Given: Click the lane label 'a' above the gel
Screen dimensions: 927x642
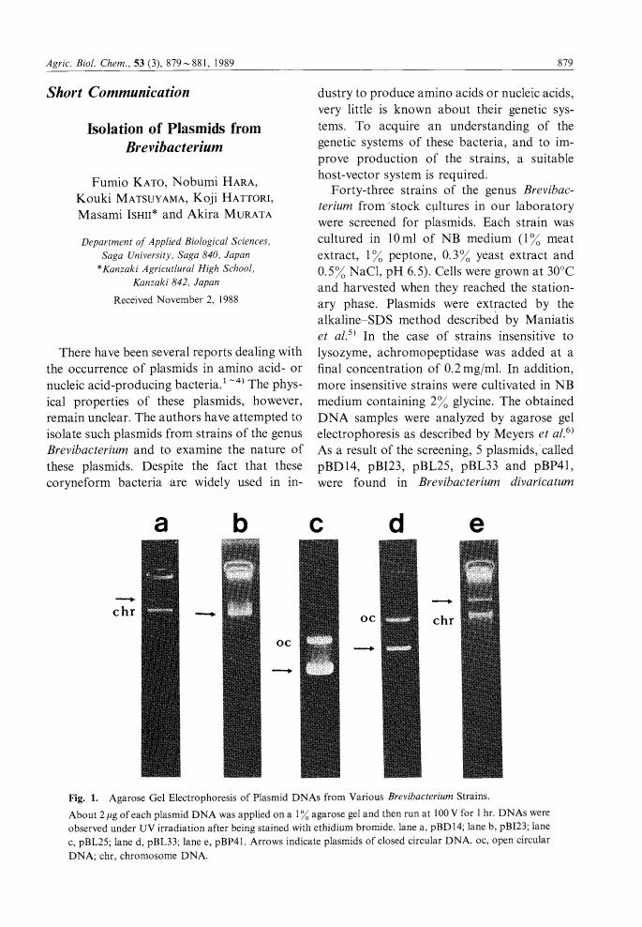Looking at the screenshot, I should tap(161, 526).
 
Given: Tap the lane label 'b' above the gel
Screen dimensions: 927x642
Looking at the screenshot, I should tap(241, 526).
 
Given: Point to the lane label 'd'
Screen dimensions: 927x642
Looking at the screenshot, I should tap(396, 526).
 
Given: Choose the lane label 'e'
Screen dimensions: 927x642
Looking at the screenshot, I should tap(476, 526).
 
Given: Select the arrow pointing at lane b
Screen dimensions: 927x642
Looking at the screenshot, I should tap(204, 615).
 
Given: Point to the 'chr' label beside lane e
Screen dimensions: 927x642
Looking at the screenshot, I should tap(441, 619).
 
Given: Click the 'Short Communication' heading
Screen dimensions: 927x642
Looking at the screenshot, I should tap(118, 93).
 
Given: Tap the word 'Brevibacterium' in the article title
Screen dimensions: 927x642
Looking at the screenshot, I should tap(173, 148).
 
